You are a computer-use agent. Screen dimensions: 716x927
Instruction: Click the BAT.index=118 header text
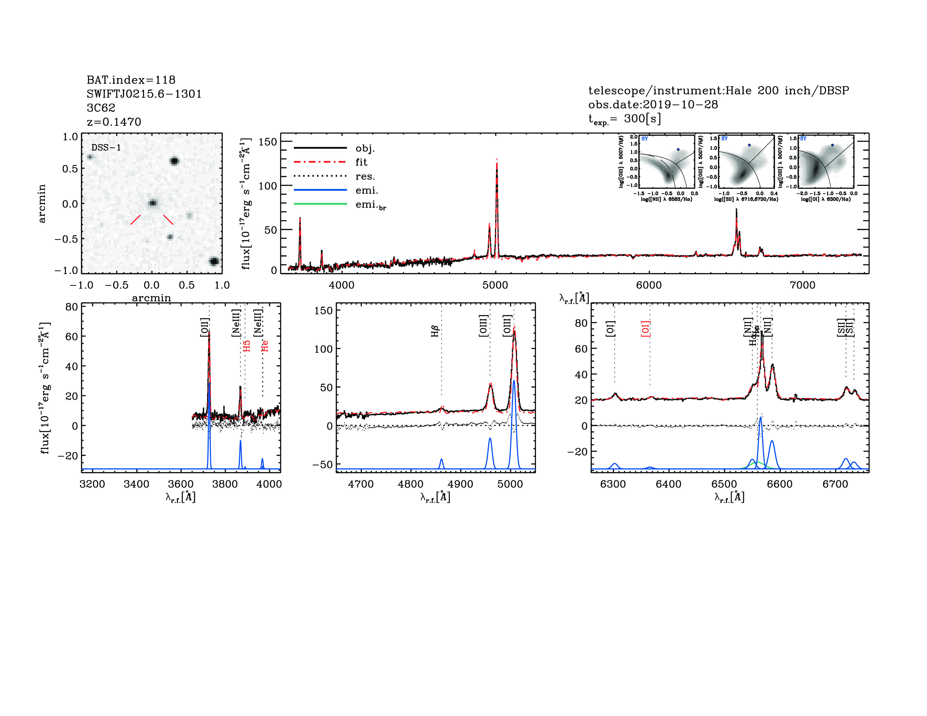(x=131, y=80)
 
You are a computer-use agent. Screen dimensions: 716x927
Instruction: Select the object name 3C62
(x=101, y=108)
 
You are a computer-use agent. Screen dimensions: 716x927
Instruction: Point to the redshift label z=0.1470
(x=114, y=122)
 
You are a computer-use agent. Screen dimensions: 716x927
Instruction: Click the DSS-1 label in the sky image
(x=106, y=148)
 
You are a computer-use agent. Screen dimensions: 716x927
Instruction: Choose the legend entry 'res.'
(x=365, y=176)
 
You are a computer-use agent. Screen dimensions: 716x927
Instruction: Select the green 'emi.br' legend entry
(x=370, y=205)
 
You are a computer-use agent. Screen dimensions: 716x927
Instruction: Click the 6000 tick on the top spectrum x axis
(x=649, y=285)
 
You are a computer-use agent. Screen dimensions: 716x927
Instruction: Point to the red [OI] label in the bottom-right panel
(x=646, y=329)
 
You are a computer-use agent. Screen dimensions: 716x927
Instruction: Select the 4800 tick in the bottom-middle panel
(x=410, y=484)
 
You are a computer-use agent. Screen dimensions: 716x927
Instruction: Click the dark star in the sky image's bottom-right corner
(x=214, y=261)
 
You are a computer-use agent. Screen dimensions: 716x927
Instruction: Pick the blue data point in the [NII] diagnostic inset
(x=678, y=150)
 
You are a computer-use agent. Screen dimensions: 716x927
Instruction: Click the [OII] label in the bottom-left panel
(x=205, y=327)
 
